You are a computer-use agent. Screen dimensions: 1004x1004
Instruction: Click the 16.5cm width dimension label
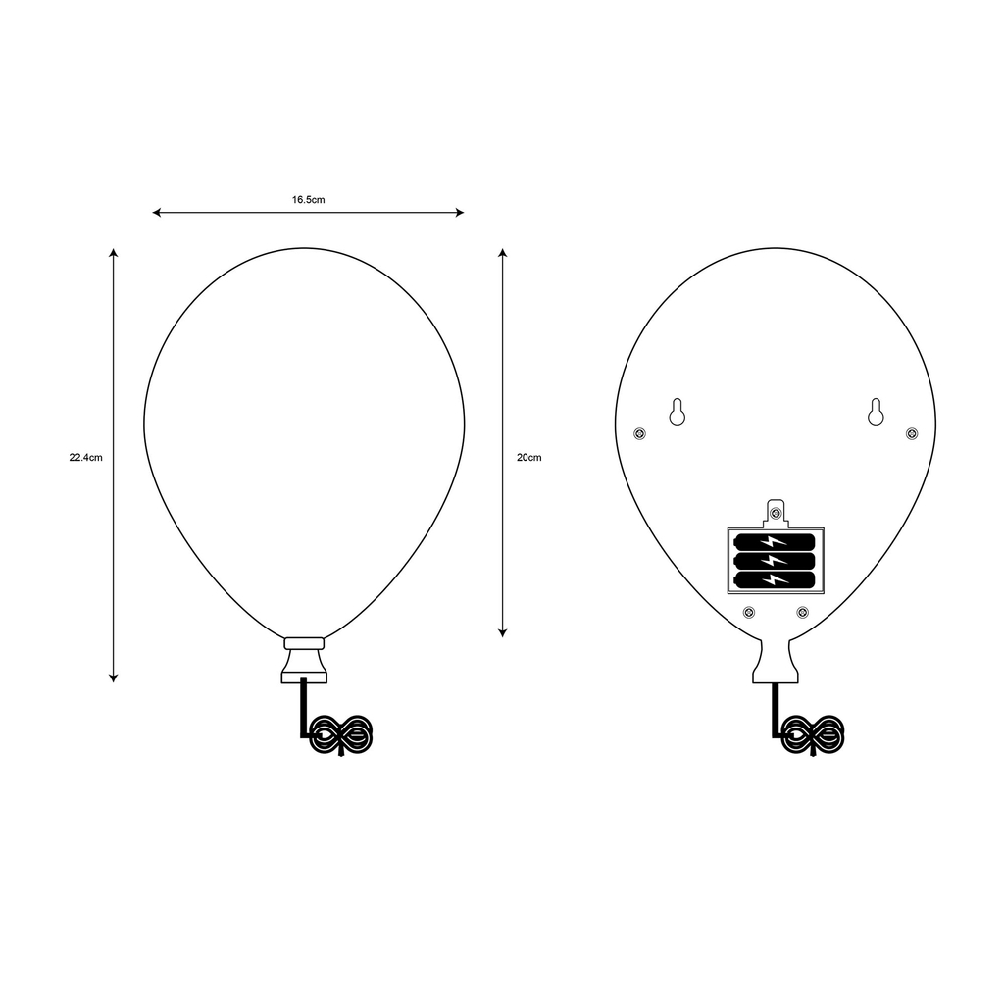(x=308, y=199)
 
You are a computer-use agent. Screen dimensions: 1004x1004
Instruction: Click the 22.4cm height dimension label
(x=86, y=457)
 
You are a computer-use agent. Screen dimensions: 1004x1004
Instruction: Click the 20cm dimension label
(x=528, y=457)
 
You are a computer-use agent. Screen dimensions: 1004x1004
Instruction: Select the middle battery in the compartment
(x=775, y=561)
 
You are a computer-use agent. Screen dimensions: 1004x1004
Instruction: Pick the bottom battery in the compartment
(x=775, y=579)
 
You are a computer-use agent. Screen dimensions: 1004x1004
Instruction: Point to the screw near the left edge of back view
(x=640, y=433)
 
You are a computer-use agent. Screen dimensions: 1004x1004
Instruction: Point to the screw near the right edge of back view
(x=912, y=433)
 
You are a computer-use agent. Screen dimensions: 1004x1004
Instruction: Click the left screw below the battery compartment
(x=749, y=613)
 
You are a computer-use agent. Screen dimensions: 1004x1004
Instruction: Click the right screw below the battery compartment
(x=802, y=613)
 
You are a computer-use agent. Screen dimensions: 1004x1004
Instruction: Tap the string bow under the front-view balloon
(x=340, y=734)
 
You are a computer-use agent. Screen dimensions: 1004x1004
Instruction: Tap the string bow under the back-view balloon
(x=813, y=734)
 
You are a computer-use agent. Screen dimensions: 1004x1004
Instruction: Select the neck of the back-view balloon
(x=777, y=662)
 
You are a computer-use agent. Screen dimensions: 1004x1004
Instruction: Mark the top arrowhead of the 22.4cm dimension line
(x=114, y=254)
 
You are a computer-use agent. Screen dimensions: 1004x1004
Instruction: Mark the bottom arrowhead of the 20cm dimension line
(x=502, y=632)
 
